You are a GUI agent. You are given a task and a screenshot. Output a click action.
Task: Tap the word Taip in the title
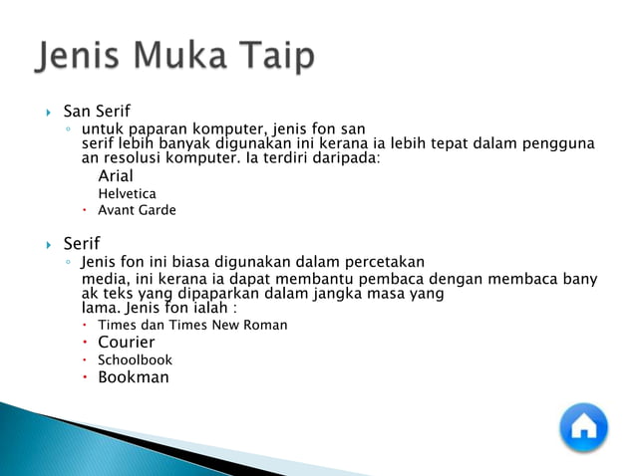pos(275,57)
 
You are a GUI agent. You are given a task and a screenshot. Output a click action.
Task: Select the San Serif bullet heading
pos(97,111)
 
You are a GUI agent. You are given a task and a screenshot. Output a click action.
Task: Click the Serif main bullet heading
pos(82,243)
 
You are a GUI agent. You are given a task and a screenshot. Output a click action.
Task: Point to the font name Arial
pos(116,175)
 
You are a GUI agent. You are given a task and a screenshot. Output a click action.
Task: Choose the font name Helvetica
pos(127,193)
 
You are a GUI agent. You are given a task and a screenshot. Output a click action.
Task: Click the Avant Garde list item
pos(137,210)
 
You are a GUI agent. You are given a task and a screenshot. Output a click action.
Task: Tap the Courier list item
pos(126,343)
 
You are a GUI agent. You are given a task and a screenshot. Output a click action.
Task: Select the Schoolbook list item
pos(135,359)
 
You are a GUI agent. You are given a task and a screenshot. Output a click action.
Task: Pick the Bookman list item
pos(133,377)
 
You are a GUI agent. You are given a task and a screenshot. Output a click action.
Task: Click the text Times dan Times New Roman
pos(192,325)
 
